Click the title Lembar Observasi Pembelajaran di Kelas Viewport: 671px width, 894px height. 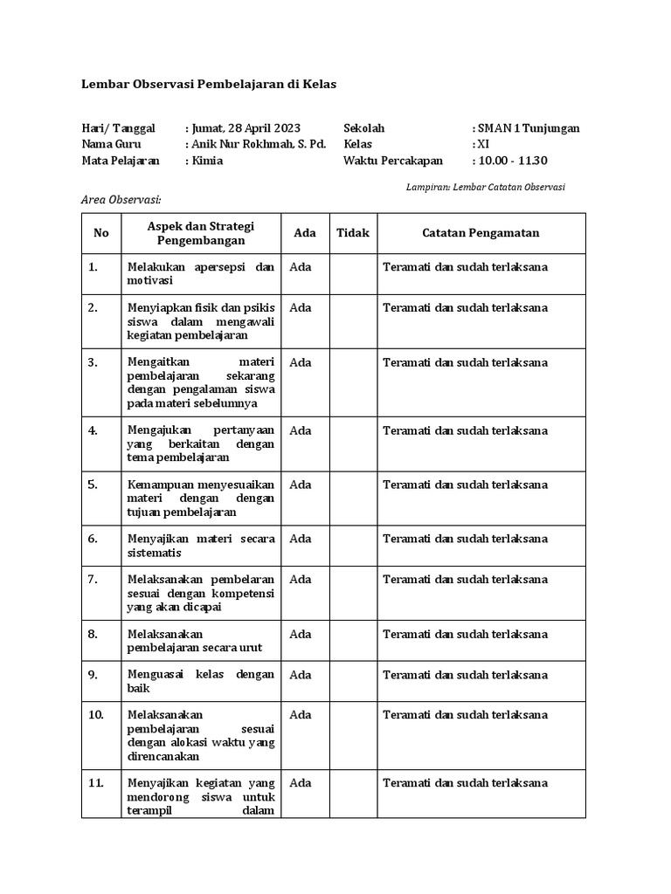[x=208, y=85]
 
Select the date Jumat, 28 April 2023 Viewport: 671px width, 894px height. [x=245, y=128]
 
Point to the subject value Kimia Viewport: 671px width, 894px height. [x=206, y=161]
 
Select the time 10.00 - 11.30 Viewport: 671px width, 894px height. [x=511, y=161]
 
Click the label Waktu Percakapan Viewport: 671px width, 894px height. [x=393, y=161]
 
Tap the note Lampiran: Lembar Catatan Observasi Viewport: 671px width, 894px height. [x=486, y=187]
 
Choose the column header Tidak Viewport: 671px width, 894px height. [x=354, y=233]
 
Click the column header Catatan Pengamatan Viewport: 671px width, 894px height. [x=481, y=233]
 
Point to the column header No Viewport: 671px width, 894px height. [x=101, y=233]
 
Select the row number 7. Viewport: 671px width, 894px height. [x=93, y=579]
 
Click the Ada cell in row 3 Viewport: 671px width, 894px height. [x=301, y=362]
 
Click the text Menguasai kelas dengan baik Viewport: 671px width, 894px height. [x=201, y=681]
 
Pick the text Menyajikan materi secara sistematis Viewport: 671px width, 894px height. [x=201, y=546]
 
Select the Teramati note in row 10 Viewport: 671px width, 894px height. [x=465, y=715]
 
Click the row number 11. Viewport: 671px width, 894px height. [x=96, y=783]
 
